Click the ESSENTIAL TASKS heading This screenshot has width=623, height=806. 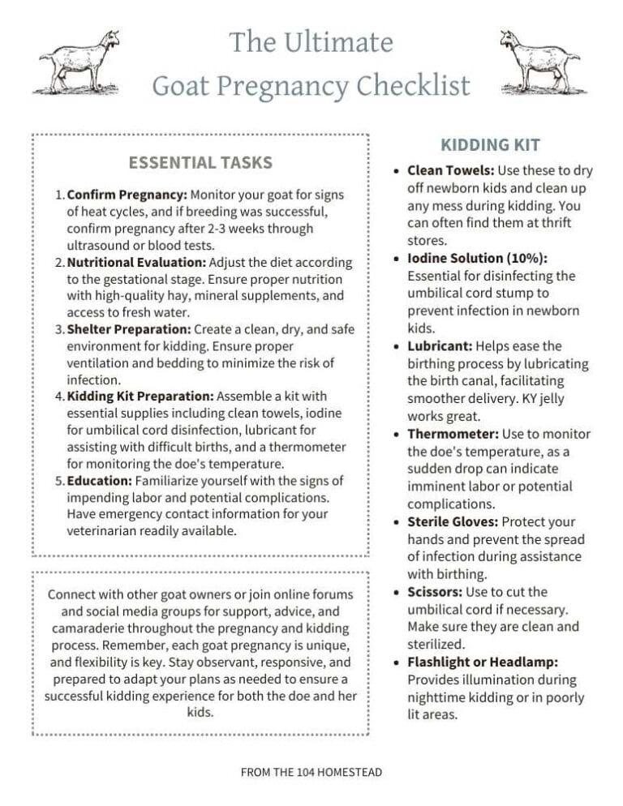tap(200, 162)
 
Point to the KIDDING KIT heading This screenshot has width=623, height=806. tap(490, 145)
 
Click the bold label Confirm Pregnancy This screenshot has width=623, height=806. tap(127, 195)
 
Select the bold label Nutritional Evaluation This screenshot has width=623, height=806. tap(136, 263)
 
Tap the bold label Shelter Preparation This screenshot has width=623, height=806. tap(129, 328)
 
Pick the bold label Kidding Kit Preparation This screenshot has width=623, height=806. tap(140, 396)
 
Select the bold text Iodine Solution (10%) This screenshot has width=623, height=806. tap(477, 258)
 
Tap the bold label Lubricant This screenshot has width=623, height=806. tap(440, 346)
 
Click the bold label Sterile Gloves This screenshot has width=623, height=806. tap(453, 521)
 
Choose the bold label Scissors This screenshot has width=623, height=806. tap(436, 592)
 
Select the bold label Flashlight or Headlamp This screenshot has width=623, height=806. tap(482, 662)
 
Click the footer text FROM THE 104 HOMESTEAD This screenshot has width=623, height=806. tap(311, 772)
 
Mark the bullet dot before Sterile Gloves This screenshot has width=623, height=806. tap(395, 521)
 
